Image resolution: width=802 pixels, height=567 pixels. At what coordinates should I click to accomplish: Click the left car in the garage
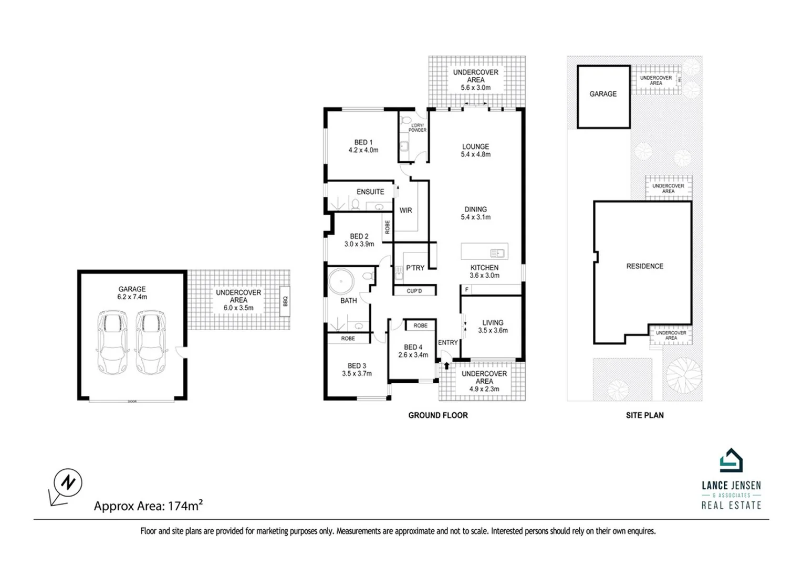111,342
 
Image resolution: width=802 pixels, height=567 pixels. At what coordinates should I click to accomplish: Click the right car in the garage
150,342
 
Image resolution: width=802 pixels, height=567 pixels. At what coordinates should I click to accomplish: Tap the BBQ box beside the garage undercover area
285,301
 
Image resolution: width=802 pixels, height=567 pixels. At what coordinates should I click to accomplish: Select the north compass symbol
68,482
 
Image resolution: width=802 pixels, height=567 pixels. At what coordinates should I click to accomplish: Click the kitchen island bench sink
497,253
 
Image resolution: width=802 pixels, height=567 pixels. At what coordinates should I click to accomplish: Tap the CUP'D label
414,291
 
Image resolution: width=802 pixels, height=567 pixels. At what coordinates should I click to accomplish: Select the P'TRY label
415,268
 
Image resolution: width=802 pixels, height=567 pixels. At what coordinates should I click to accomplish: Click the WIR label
405,211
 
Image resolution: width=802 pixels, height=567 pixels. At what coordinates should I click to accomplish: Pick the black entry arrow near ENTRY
446,365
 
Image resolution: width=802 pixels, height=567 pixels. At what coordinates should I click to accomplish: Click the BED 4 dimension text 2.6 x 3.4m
413,355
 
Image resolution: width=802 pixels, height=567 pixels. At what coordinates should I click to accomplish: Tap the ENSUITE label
370,192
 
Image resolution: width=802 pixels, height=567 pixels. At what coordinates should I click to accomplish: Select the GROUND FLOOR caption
438,415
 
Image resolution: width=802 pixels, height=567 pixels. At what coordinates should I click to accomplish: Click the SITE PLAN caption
644,415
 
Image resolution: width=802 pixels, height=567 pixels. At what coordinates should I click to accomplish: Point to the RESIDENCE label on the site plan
644,266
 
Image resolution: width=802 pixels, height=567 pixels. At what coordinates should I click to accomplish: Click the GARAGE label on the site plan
603,94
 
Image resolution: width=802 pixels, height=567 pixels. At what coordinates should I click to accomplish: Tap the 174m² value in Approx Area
185,506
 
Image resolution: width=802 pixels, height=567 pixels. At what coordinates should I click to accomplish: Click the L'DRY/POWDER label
418,128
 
